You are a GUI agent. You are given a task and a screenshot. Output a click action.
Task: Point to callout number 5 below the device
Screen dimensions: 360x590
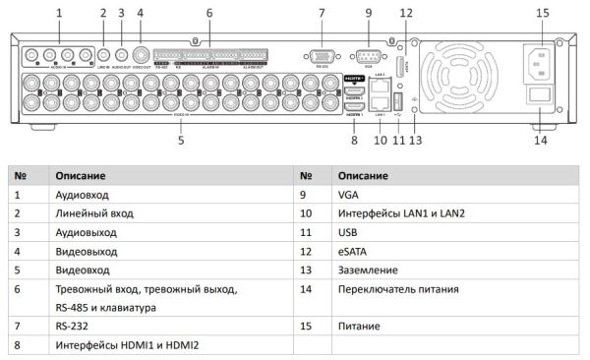click(181, 141)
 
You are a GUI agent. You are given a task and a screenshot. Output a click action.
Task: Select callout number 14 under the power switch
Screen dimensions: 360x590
click(541, 141)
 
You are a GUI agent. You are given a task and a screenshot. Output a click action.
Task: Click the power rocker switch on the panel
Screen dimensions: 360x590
click(540, 97)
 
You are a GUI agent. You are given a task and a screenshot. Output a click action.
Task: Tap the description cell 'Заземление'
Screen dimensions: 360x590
click(367, 270)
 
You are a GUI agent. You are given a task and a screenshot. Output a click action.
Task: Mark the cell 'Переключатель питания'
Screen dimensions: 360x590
click(392, 288)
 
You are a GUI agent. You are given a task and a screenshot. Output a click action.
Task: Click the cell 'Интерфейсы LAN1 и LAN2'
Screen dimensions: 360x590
click(394, 213)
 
